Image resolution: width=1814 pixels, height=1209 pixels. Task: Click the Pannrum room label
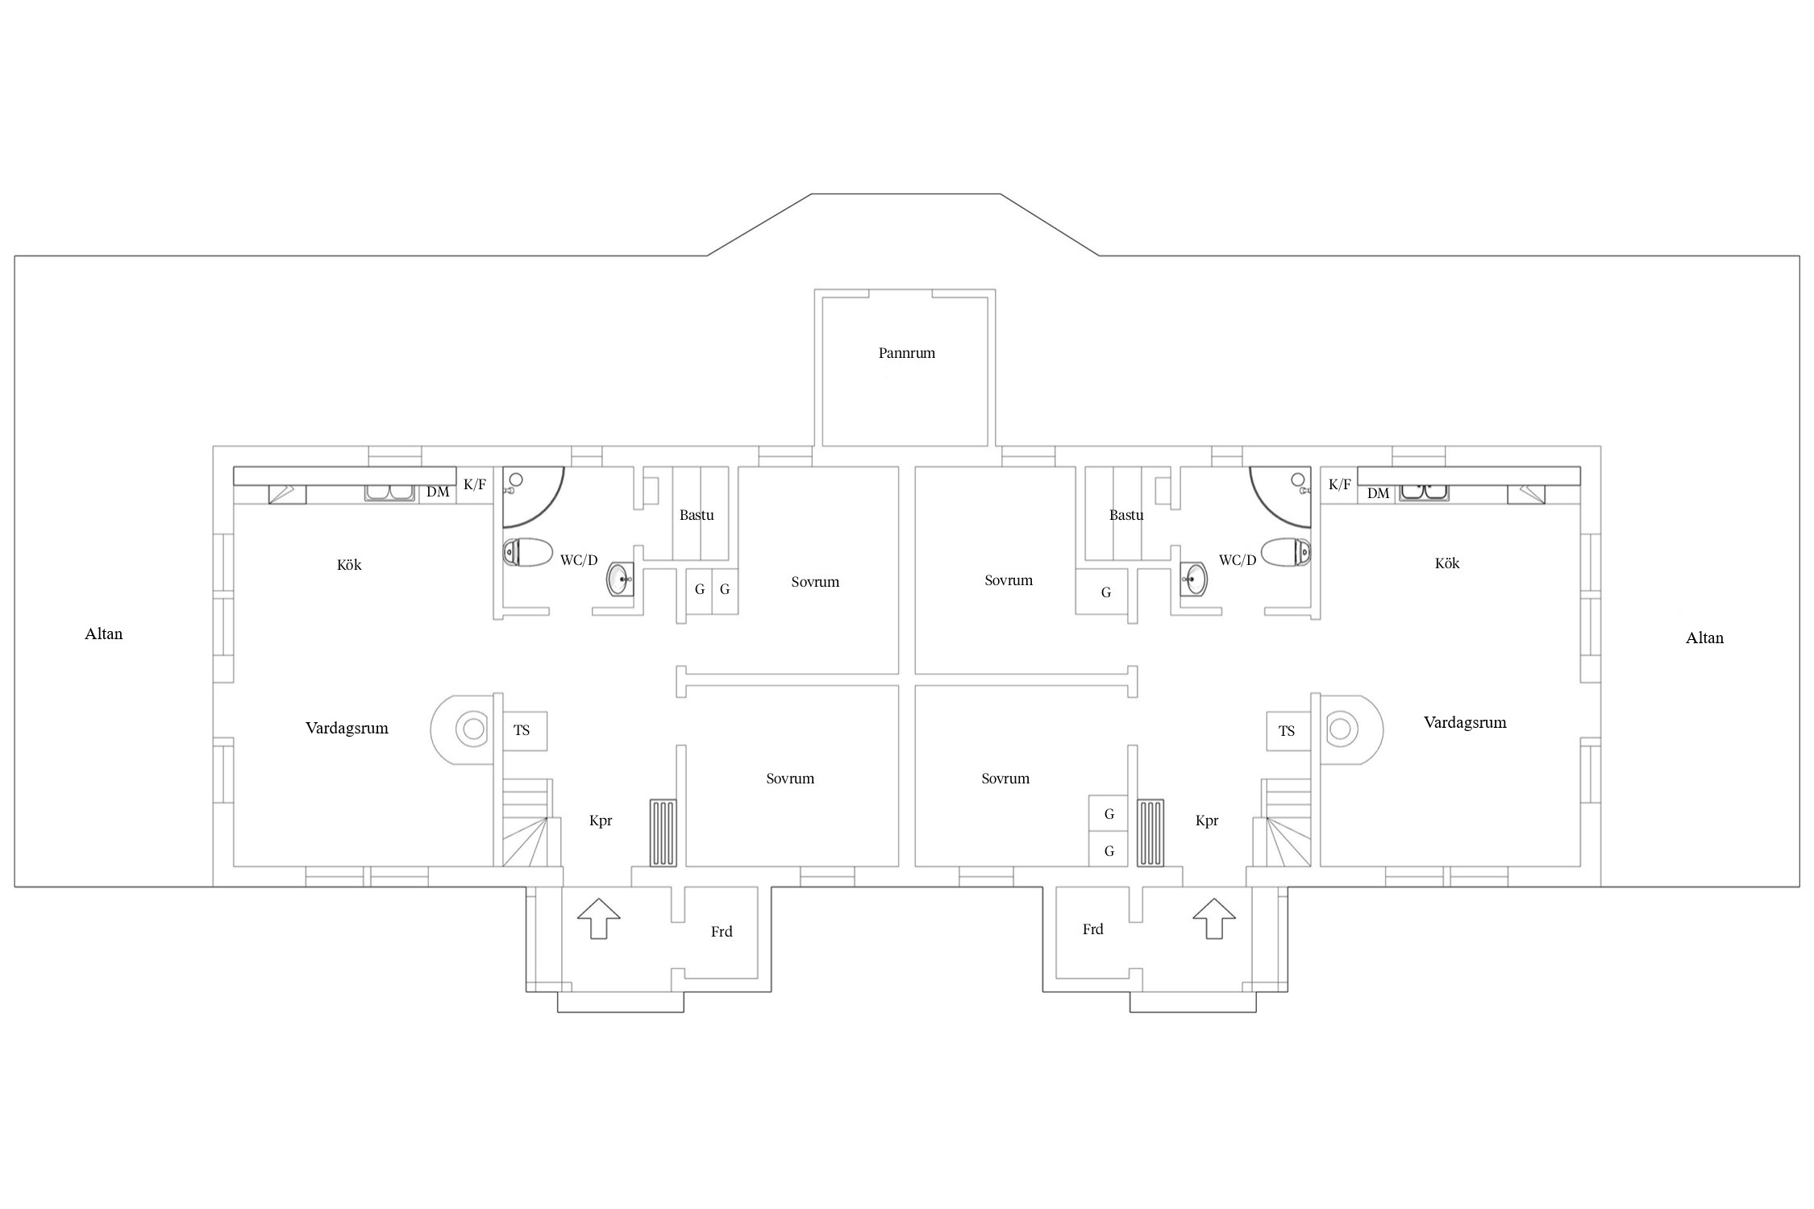point(906,353)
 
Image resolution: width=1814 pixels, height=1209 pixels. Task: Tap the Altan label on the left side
point(104,634)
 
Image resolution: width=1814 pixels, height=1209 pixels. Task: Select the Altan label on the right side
point(1704,638)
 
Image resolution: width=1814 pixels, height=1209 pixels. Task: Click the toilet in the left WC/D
point(527,553)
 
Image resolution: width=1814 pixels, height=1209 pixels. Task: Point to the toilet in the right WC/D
point(1286,552)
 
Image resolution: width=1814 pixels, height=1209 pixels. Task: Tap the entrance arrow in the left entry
point(599,918)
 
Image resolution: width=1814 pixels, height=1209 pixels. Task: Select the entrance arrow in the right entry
point(1214,918)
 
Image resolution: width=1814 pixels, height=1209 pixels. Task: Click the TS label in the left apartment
point(522,730)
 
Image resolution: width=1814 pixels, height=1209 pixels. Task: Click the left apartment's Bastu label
point(697,515)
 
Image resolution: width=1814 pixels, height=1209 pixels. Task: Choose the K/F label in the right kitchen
point(1339,484)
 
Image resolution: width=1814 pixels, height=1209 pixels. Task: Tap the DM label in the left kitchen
point(438,492)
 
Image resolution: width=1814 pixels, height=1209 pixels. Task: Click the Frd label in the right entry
point(1092,929)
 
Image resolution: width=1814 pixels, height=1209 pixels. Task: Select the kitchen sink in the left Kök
point(390,492)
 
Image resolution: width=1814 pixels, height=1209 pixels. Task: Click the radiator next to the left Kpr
point(664,833)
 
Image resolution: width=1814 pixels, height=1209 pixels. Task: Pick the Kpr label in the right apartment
point(1207,821)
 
